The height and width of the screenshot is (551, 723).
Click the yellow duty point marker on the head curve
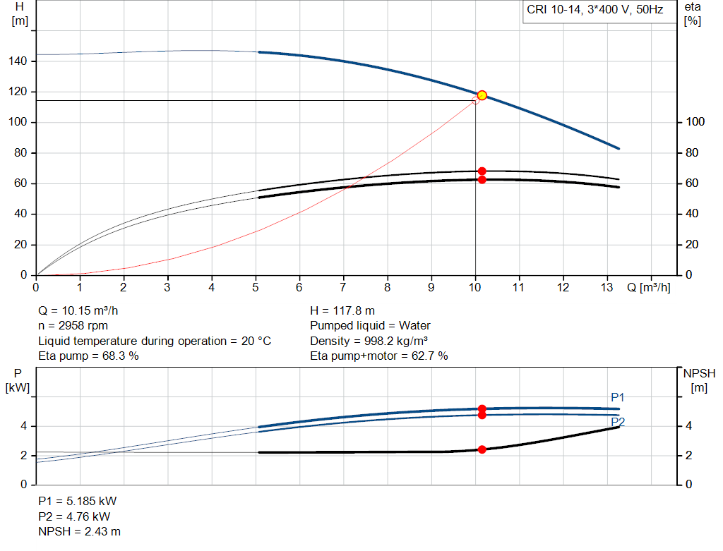click(x=482, y=95)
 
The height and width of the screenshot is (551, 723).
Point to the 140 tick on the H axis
click(x=19, y=61)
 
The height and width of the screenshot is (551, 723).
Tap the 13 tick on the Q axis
click(x=607, y=288)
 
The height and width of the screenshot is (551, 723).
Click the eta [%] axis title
click(x=693, y=13)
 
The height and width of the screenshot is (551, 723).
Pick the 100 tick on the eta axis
click(x=695, y=123)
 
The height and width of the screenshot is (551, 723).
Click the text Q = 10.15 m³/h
click(x=83, y=310)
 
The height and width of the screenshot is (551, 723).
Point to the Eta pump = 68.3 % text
click(x=88, y=356)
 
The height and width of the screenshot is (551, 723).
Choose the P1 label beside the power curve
click(x=618, y=398)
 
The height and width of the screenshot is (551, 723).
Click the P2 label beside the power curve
click(x=618, y=422)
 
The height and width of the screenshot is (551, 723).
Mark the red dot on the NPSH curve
click(x=482, y=449)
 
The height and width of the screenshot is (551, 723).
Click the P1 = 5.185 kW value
click(x=77, y=501)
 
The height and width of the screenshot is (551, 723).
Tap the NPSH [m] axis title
click(x=698, y=379)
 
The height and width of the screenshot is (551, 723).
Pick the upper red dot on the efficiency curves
click(x=482, y=171)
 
